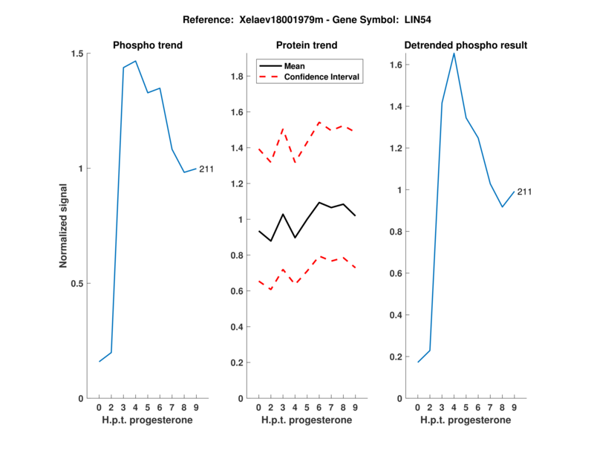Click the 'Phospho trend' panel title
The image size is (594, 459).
147,45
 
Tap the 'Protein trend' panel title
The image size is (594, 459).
307,45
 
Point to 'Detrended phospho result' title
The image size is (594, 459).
466,45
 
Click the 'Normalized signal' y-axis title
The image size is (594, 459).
64,226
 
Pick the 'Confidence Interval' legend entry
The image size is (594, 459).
322,76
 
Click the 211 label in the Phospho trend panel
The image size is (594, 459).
206,169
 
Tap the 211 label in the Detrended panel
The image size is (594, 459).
524,192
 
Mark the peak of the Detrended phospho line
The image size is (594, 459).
454,53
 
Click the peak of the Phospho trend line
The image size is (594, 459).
135,61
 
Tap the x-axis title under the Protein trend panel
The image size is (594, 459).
307,420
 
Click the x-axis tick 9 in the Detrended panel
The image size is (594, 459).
514,408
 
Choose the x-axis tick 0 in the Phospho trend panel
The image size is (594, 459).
99,408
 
